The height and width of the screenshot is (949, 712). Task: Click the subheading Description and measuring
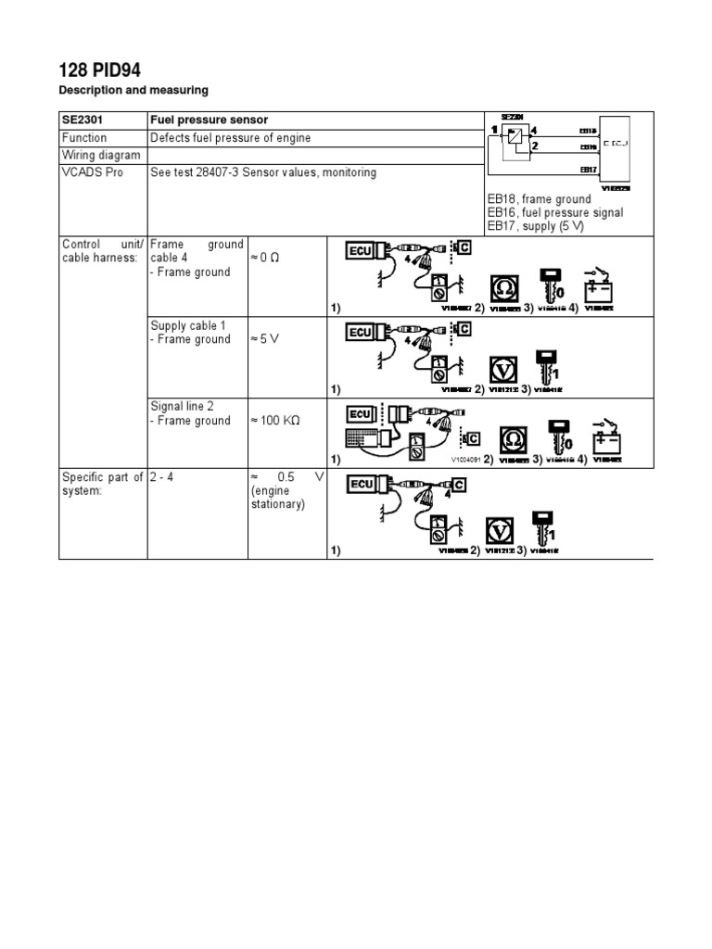pyautogui.click(x=133, y=90)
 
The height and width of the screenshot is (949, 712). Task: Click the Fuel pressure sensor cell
pyautogui.click(x=210, y=120)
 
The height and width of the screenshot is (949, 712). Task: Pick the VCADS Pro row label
pyautogui.click(x=92, y=173)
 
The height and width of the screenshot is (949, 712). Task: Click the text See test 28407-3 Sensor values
pyautogui.click(x=263, y=173)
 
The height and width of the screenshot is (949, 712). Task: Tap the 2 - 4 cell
pyautogui.click(x=163, y=477)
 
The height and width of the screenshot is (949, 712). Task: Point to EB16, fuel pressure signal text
pyautogui.click(x=554, y=213)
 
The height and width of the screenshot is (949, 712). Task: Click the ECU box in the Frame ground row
pyautogui.click(x=361, y=250)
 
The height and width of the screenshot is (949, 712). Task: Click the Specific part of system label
pyautogui.click(x=102, y=485)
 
